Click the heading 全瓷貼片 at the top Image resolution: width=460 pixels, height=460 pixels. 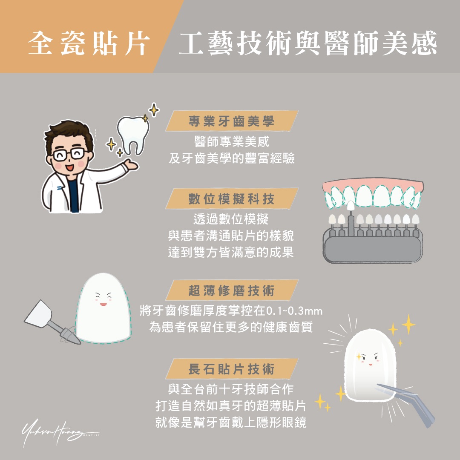89,44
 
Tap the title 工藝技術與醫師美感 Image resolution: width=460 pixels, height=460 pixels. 308,44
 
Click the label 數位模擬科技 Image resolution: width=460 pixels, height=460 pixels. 232,198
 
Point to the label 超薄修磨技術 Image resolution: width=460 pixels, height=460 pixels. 232,291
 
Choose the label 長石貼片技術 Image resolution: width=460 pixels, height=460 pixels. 232,369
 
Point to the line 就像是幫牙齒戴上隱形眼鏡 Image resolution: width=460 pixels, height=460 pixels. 232,423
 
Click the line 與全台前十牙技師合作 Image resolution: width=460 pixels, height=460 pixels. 232,389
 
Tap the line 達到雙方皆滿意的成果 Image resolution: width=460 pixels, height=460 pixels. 232,252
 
